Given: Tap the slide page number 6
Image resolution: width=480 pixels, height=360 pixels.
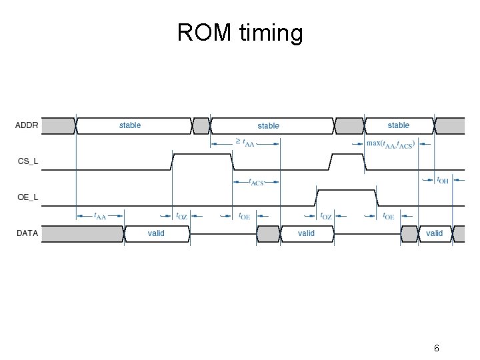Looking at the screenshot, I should click(x=436, y=348).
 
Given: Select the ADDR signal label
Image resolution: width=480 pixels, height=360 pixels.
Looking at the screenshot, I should click(x=27, y=125).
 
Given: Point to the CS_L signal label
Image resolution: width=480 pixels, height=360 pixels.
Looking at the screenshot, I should click(x=27, y=161).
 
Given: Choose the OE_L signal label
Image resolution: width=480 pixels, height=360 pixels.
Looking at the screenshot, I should click(x=27, y=197).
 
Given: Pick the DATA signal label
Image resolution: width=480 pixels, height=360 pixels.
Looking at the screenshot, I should click(x=27, y=233).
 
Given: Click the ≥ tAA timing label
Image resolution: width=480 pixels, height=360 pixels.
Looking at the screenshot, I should click(x=244, y=143).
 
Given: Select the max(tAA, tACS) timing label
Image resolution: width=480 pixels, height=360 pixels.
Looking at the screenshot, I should click(x=390, y=143).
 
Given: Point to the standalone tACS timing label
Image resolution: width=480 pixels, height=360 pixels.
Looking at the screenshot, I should click(x=256, y=181).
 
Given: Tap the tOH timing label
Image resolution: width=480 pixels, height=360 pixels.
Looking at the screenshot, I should click(x=442, y=180).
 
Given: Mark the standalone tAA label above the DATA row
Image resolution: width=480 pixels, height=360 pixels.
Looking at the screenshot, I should click(x=99, y=216).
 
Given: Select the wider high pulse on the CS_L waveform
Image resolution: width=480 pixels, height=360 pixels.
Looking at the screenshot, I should click(x=202, y=161).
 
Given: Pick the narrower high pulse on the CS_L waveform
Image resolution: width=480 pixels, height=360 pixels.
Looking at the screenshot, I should click(x=347, y=161).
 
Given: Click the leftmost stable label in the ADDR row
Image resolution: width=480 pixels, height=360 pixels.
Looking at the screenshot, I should click(x=130, y=125).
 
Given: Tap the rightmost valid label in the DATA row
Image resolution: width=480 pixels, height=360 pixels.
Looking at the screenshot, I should click(x=434, y=233).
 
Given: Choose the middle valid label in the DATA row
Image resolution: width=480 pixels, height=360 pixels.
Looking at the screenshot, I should click(x=306, y=233).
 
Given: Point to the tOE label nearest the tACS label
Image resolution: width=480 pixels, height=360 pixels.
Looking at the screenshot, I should click(x=244, y=216).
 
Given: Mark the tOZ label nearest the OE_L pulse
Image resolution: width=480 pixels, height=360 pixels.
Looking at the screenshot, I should click(x=325, y=216).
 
